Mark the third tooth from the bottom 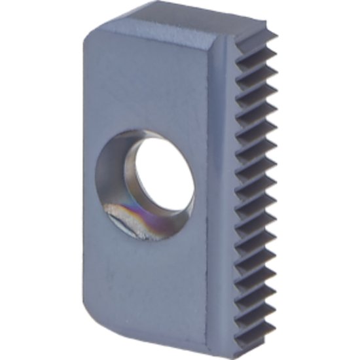coord(264,291)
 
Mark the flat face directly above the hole coord(151,85)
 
